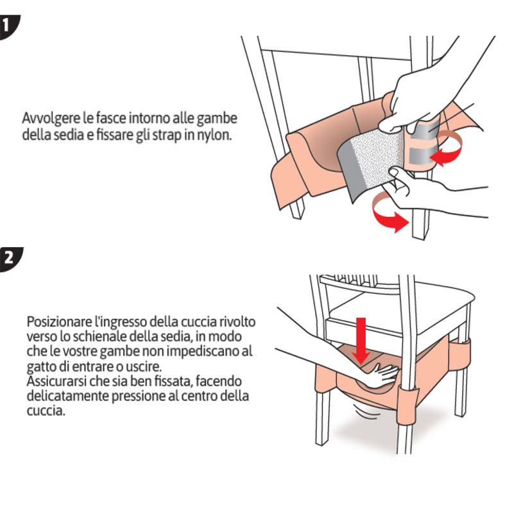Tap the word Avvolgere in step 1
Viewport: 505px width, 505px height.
(46, 119)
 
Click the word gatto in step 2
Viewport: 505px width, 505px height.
(40, 366)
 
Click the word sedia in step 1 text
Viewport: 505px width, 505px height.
(51, 135)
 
